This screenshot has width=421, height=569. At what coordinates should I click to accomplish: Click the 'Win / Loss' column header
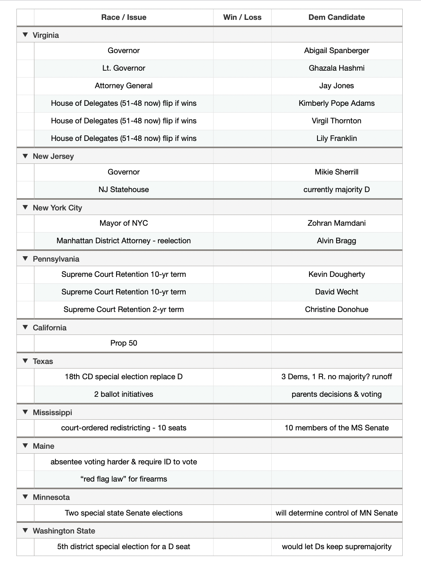point(242,17)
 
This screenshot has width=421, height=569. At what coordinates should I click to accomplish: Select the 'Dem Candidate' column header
point(337,17)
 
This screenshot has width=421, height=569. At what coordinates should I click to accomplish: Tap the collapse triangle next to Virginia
point(26,35)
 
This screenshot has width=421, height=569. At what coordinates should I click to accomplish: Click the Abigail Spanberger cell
point(337,50)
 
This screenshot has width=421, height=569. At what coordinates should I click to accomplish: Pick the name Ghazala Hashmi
point(337,68)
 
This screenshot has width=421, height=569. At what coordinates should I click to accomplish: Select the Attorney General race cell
point(123,86)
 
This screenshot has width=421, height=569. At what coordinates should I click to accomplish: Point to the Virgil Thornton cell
point(337,121)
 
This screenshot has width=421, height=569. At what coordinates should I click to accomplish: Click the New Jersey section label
point(53,156)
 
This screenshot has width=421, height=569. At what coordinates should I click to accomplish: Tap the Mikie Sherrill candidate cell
point(337,172)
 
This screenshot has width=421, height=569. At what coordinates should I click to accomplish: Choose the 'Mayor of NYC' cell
point(123,223)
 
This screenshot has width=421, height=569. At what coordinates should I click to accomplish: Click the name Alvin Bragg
point(337,241)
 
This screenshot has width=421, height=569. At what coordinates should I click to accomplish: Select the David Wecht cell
point(337,292)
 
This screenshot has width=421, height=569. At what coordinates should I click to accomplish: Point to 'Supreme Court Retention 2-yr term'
point(123,309)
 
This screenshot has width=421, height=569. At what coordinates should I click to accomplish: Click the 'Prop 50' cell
point(123,343)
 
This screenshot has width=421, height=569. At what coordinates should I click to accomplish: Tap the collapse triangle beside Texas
point(26,361)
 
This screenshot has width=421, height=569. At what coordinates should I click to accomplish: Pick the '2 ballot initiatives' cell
point(123,394)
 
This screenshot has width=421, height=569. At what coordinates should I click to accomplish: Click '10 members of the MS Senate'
point(337,428)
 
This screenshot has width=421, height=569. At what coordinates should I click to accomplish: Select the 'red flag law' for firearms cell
point(123,479)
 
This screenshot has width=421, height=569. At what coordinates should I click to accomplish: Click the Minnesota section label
point(51,497)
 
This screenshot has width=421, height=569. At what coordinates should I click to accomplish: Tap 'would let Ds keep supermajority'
point(337,546)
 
